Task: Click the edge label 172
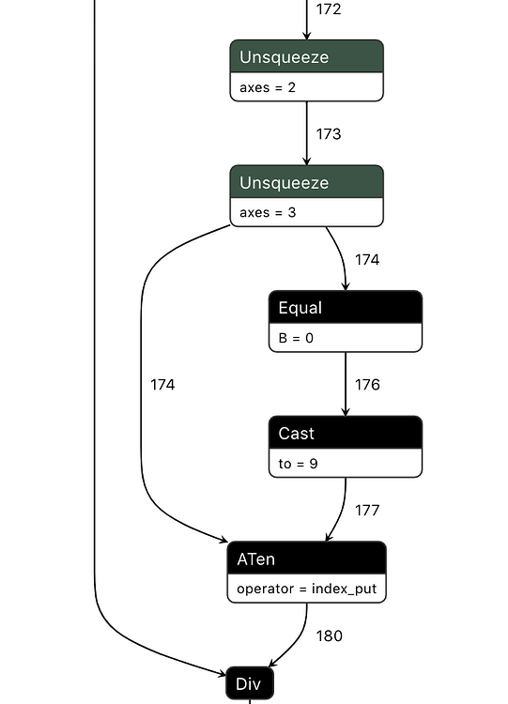(329, 9)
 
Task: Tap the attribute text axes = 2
(268, 87)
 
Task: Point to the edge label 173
(329, 134)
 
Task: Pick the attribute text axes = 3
(268, 212)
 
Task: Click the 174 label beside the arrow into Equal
(367, 259)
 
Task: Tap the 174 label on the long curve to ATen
(162, 384)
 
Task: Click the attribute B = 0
(296, 338)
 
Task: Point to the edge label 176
(367, 384)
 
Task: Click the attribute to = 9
(299, 463)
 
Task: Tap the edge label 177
(367, 510)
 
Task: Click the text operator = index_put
(306, 589)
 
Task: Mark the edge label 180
(329, 635)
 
